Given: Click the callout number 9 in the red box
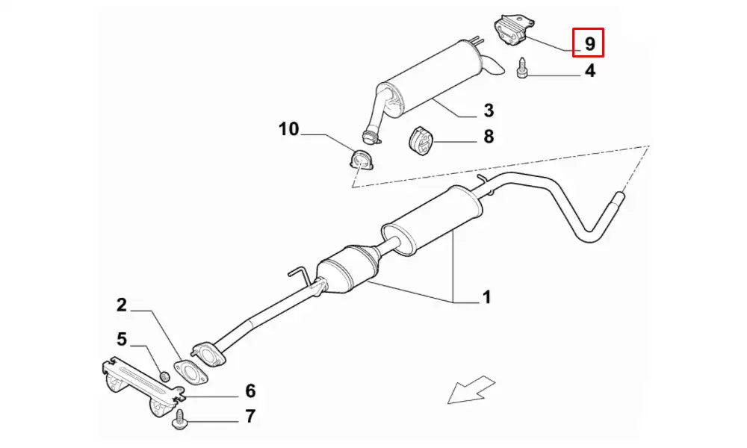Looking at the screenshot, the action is tap(590, 44).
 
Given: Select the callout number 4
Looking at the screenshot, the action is tap(590, 70).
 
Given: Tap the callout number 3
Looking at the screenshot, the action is tap(489, 111).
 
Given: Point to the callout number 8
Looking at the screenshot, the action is tap(489, 137).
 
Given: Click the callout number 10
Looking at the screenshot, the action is tap(288, 129).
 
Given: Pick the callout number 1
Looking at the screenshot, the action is tap(486, 297).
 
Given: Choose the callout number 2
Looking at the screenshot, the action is tap(122, 305).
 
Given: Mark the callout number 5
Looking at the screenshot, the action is tap(122, 340).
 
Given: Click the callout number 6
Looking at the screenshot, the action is tap(250, 391).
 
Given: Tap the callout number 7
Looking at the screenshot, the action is tap(250, 416).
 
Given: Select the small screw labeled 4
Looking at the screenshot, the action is tap(521, 69).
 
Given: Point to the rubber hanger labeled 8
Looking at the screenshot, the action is tap(420, 141).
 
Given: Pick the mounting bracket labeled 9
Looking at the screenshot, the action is tap(513, 31).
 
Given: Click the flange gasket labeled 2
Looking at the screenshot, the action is tap(190, 372).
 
